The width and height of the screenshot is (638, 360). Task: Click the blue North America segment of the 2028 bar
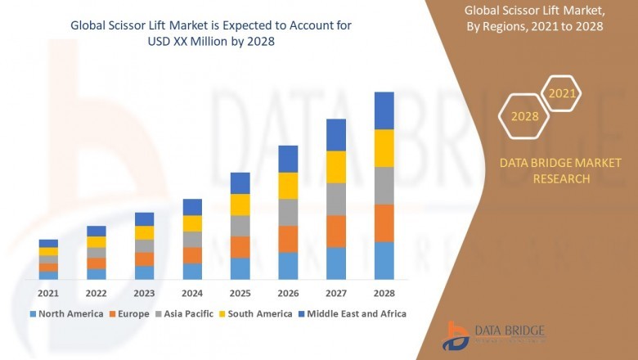tap(384, 261)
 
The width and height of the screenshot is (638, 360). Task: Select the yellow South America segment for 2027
tap(335, 167)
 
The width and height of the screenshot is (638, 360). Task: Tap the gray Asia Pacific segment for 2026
tap(288, 213)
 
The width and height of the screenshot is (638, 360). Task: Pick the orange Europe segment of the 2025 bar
tap(240, 247)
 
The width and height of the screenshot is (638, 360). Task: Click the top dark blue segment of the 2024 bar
tap(192, 207)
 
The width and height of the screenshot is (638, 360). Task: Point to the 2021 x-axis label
tap(48, 293)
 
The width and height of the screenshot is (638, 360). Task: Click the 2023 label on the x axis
tap(144, 293)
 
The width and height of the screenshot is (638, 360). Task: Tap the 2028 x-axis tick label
tap(384, 293)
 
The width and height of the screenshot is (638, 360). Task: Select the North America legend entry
tap(67, 313)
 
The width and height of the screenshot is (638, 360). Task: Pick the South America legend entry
tap(258, 313)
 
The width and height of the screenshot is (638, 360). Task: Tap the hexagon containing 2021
tap(562, 94)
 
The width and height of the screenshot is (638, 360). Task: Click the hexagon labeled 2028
tap(524, 116)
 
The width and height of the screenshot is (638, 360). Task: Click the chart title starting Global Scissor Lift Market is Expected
tap(212, 34)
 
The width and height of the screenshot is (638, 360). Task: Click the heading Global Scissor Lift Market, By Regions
tap(544, 18)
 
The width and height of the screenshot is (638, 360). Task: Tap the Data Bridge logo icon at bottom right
tap(456, 335)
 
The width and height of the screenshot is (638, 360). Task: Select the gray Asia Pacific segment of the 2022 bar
tap(97, 253)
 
